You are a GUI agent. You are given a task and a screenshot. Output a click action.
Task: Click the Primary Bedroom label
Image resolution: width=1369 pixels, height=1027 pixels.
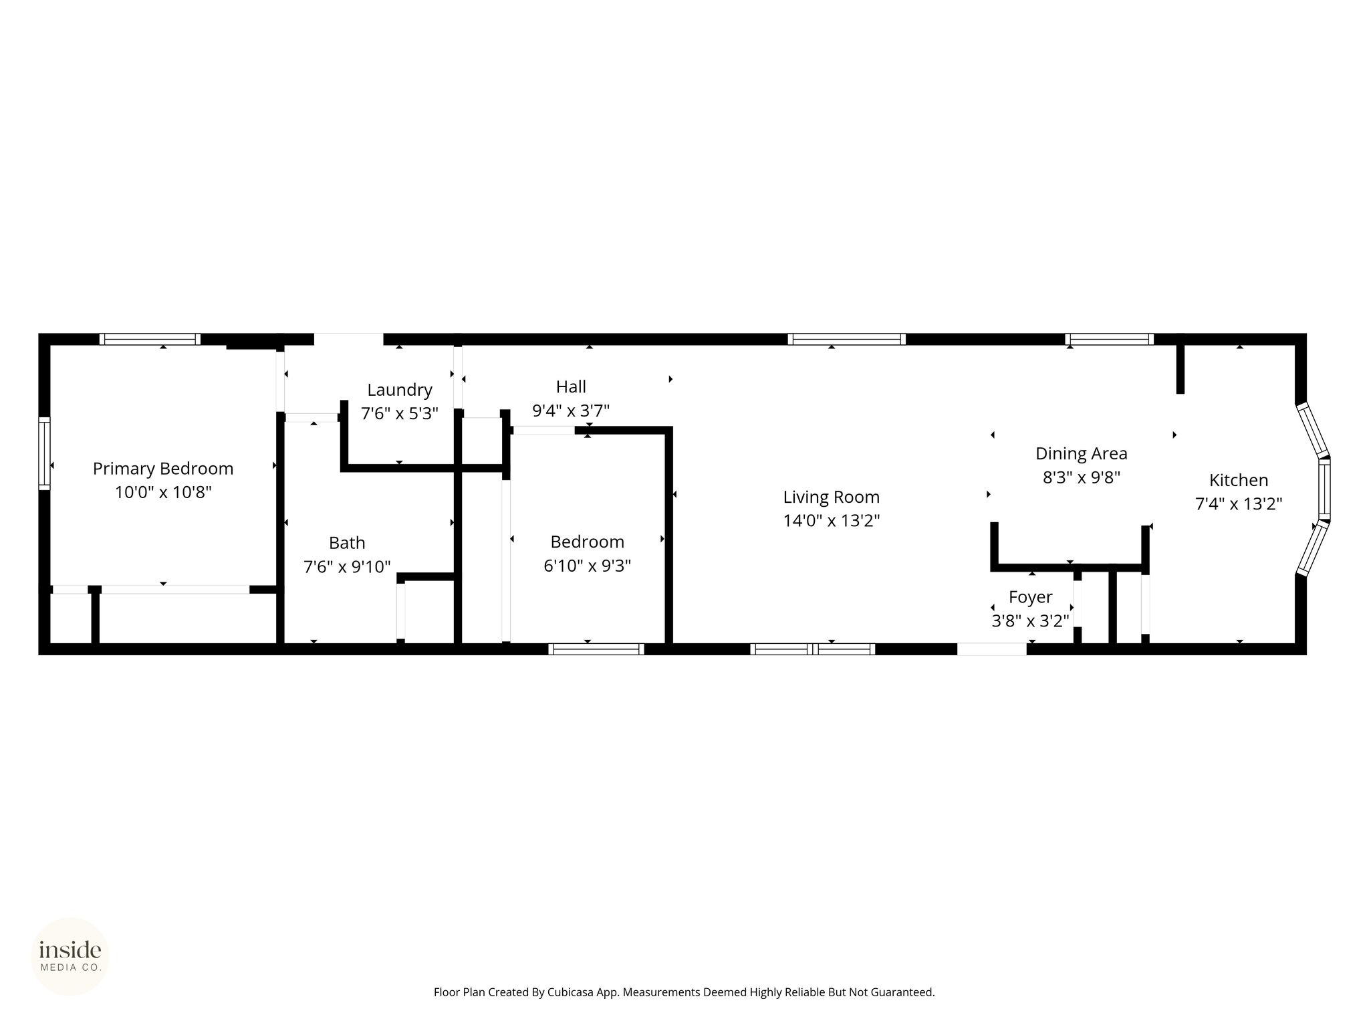(163, 469)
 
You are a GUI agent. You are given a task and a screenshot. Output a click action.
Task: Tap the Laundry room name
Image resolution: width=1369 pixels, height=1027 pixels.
(400, 390)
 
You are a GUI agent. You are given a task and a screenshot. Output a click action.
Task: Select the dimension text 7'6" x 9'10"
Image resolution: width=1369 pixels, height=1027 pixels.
(347, 567)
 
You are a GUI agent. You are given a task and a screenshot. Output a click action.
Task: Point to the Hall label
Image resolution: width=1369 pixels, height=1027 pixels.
(571, 386)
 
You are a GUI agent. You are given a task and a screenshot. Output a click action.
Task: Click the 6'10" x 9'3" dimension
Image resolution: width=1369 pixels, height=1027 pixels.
(588, 566)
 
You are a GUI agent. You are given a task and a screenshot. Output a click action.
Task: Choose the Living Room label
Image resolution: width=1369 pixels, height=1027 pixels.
(832, 497)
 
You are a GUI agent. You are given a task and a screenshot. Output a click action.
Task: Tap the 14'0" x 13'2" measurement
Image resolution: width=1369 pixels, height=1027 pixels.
(832, 521)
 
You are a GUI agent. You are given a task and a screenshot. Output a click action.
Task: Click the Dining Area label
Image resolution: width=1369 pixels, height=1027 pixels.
(1082, 454)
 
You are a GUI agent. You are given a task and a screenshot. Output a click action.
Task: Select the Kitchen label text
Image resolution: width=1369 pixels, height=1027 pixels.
(1239, 480)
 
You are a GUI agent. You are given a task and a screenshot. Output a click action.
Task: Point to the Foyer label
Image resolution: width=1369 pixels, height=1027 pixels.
(1031, 597)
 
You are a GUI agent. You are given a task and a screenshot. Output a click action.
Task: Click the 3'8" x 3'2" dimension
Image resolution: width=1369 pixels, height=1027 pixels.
(1031, 621)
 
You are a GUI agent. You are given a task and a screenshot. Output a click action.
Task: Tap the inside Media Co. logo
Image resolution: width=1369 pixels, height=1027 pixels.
(70, 957)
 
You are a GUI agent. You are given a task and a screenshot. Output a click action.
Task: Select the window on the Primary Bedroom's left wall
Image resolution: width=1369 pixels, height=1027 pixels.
(44, 453)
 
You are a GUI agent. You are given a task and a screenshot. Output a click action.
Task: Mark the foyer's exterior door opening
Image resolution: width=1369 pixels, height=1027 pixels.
(992, 649)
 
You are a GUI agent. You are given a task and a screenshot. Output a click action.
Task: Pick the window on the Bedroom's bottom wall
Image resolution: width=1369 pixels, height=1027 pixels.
(596, 649)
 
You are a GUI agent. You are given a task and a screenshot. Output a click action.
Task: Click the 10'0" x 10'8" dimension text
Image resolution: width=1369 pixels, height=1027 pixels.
(163, 493)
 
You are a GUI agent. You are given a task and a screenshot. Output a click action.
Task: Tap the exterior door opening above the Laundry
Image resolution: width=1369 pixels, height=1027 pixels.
(349, 339)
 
